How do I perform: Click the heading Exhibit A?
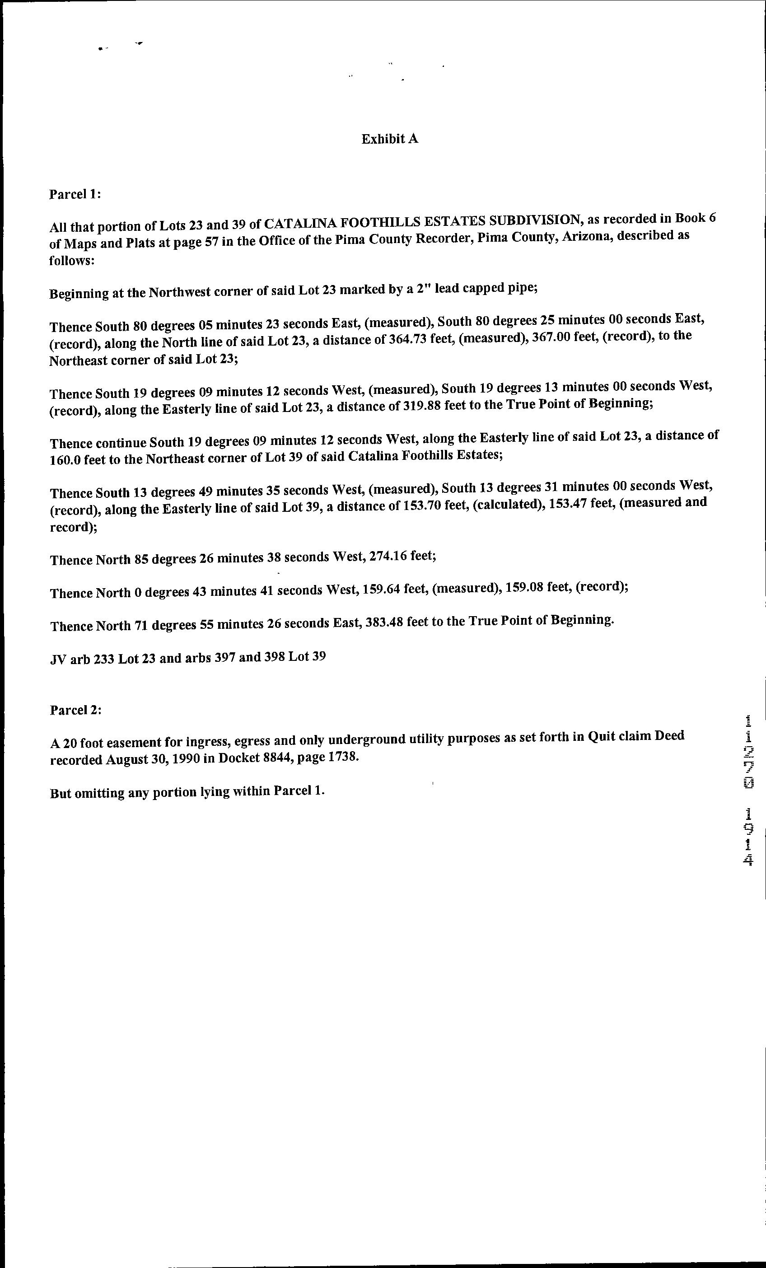click(389, 139)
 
